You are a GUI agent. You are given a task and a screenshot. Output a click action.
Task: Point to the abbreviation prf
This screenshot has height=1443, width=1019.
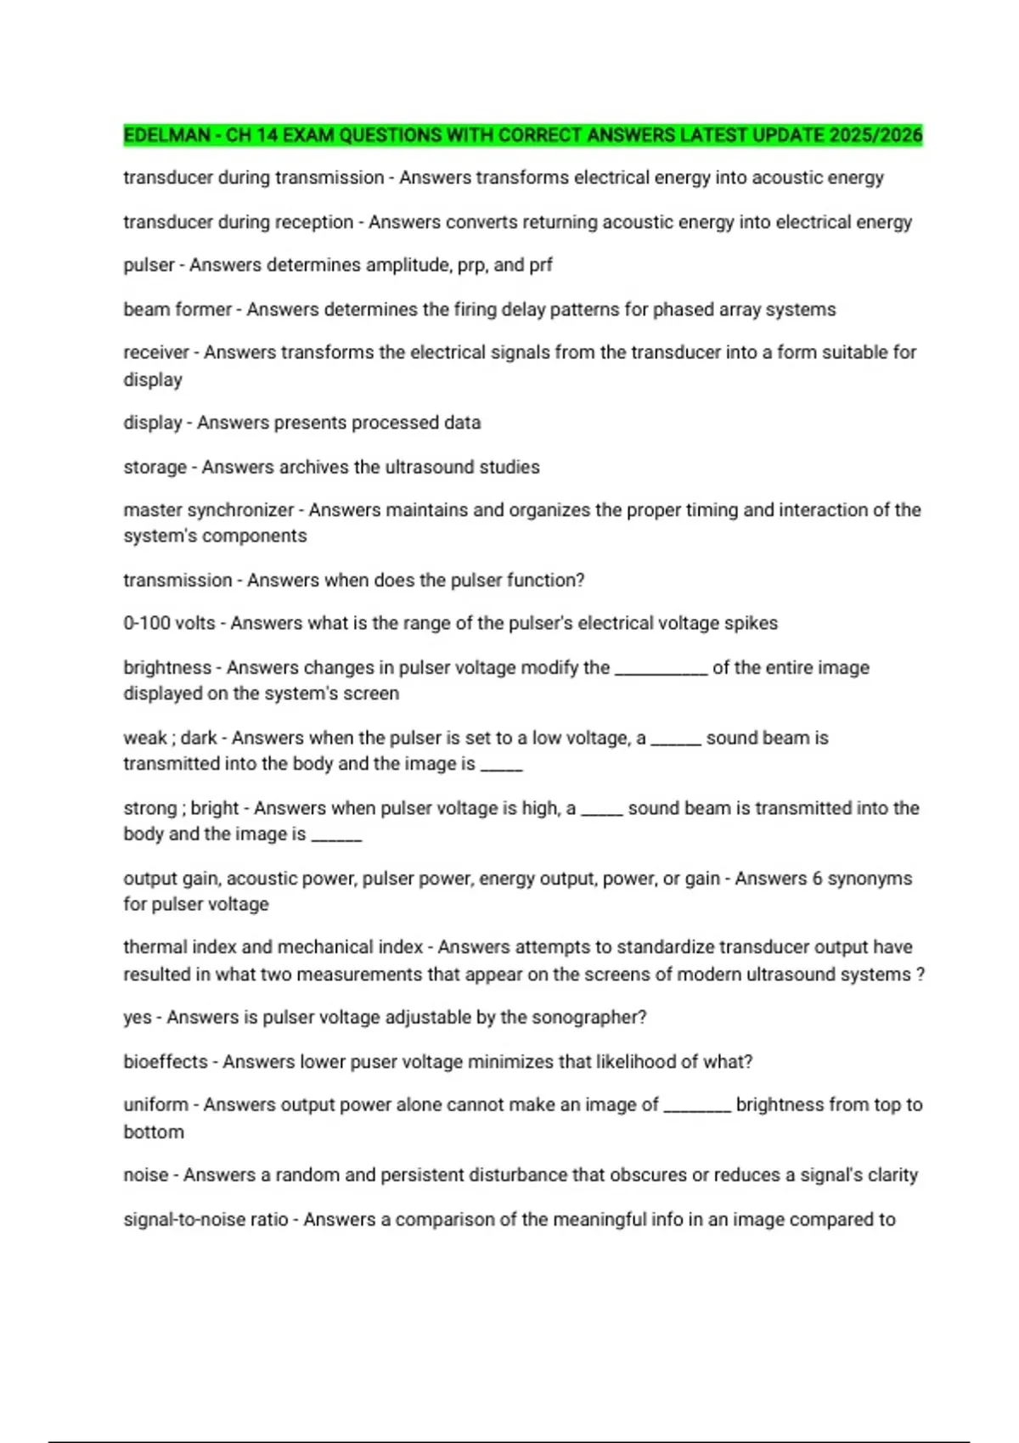click(x=541, y=265)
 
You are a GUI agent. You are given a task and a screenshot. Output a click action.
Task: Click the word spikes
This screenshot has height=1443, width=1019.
click(x=751, y=623)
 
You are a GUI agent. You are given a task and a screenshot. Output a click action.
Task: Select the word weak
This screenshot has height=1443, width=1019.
click(x=145, y=738)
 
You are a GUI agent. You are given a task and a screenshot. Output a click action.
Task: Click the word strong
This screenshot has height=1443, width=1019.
click(x=149, y=808)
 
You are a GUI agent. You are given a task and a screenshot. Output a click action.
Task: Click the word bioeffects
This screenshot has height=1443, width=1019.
click(x=166, y=1062)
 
